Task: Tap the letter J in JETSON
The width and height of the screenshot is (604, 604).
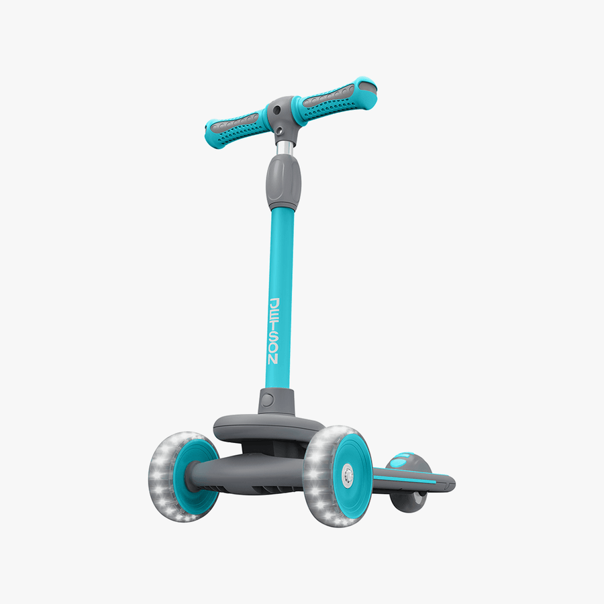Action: point(274,303)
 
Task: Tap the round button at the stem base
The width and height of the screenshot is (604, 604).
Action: point(267,400)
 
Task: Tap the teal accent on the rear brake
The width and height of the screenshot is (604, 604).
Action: point(400,461)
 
